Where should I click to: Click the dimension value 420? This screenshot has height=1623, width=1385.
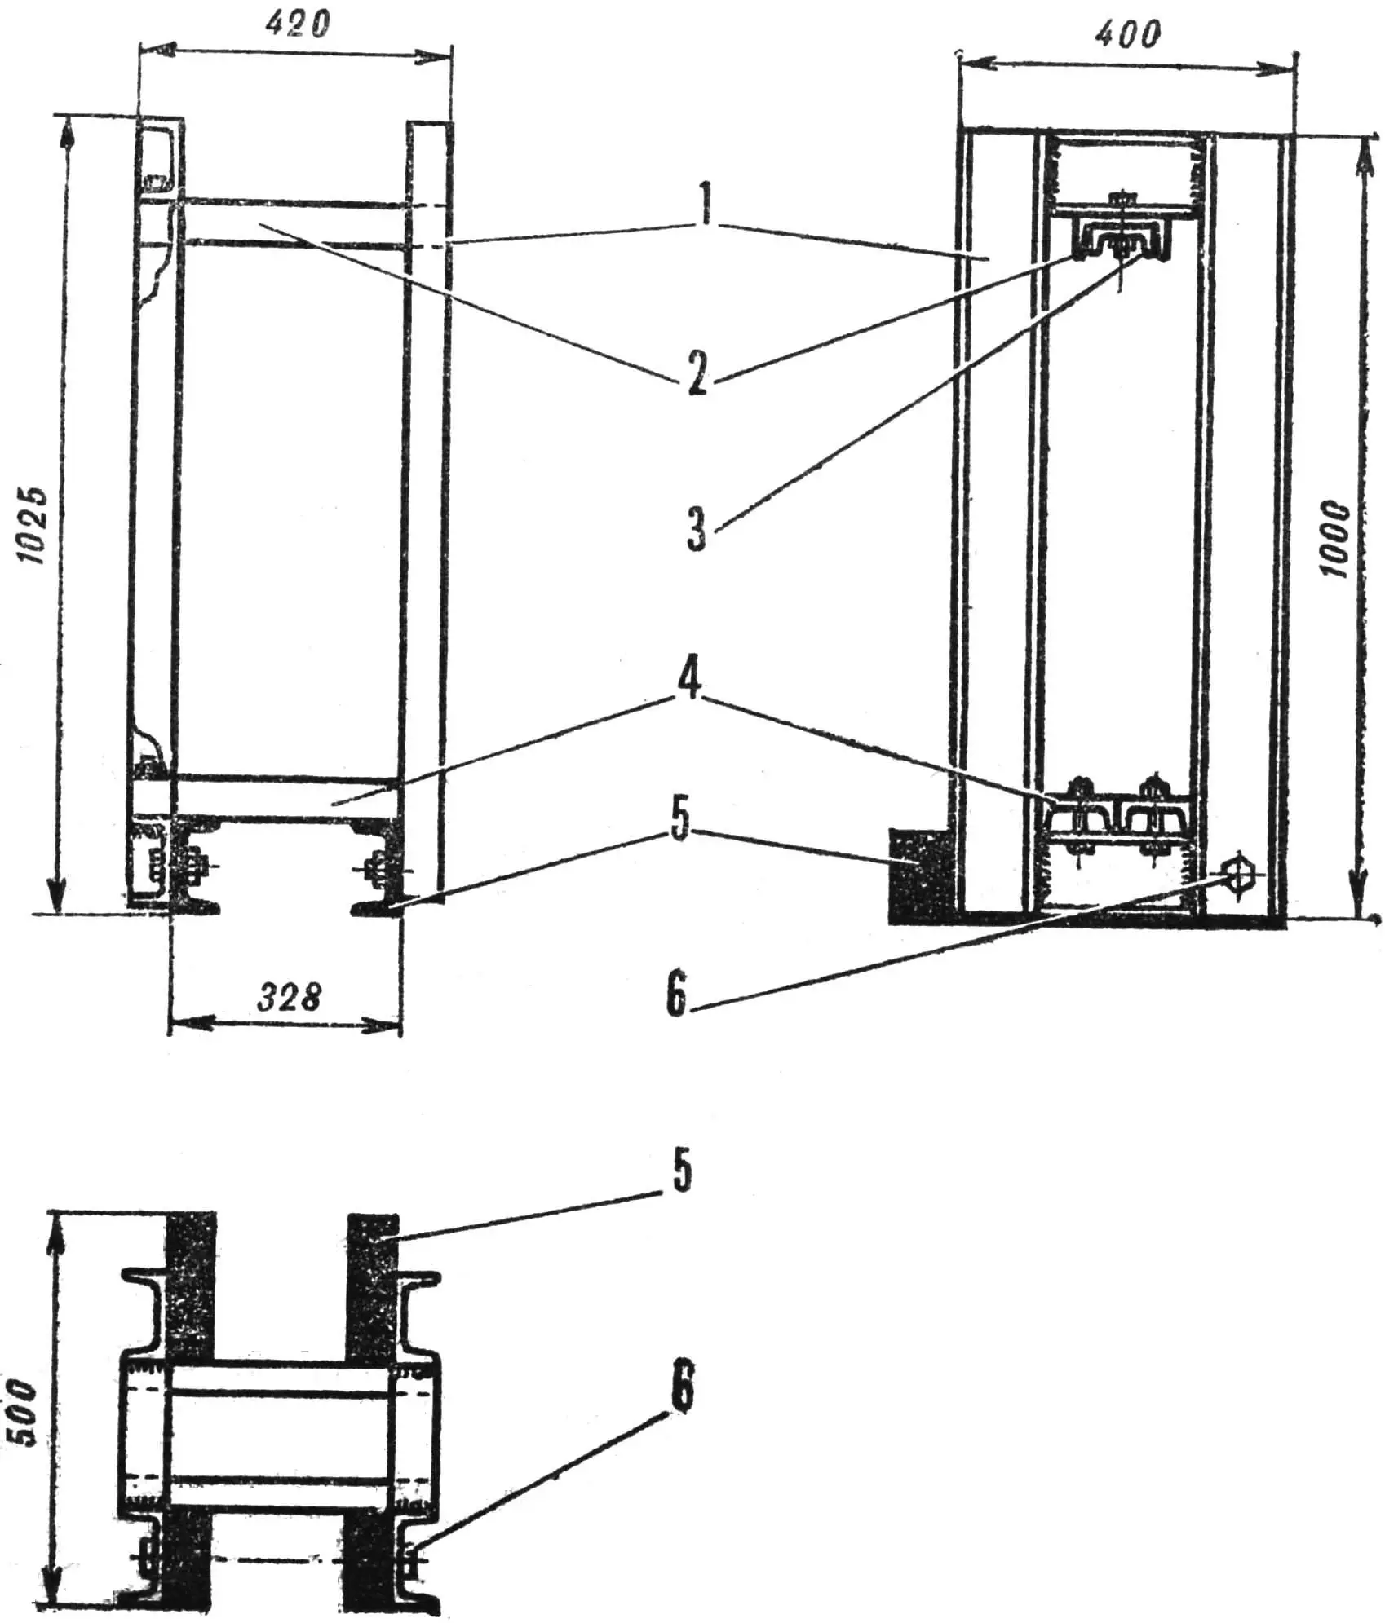point(297,25)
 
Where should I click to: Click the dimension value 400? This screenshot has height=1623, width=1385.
point(1128,33)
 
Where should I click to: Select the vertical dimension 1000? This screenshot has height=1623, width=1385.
point(1335,540)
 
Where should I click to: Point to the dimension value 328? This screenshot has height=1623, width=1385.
point(289,997)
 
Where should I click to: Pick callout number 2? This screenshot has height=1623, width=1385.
point(696,374)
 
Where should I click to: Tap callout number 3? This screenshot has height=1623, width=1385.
point(696,528)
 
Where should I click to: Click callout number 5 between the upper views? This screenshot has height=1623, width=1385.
point(679,821)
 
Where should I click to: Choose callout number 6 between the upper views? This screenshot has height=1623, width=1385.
point(676,993)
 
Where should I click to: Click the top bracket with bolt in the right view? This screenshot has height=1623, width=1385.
point(1124,236)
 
